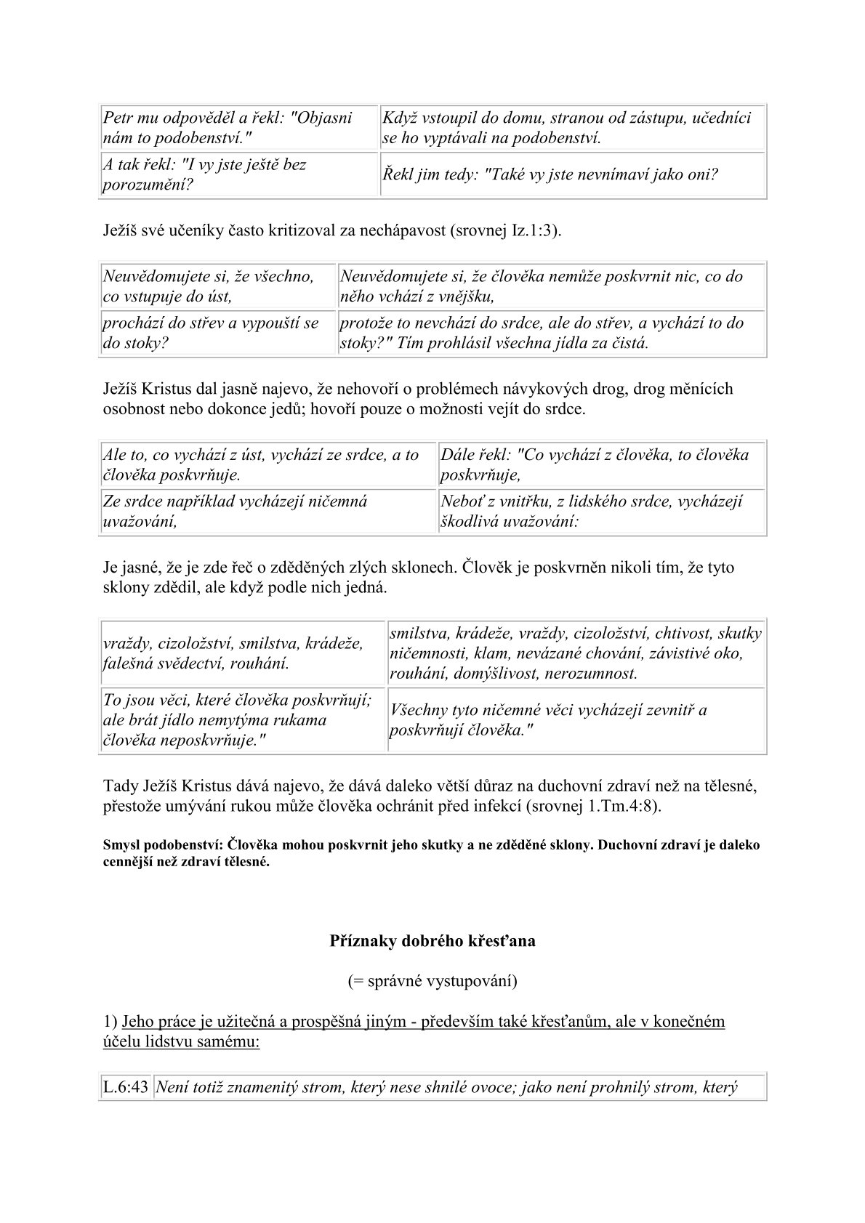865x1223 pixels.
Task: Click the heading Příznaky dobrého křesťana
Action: pos(432,940)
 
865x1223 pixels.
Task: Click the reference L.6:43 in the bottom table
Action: pos(126,1088)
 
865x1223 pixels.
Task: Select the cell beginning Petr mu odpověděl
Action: pos(238,127)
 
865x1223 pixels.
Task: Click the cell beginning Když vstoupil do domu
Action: pos(572,127)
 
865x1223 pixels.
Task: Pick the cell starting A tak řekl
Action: pos(238,174)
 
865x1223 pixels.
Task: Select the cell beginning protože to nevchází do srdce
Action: pos(550,333)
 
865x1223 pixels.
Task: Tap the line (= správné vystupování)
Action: pos(432,981)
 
